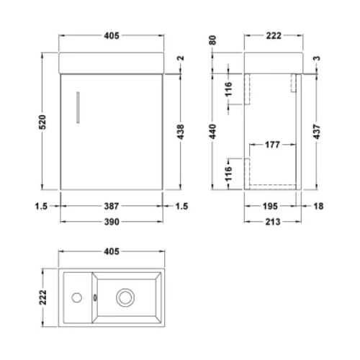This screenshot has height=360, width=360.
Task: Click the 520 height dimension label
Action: point(42,122)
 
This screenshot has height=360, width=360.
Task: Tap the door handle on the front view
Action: point(78,107)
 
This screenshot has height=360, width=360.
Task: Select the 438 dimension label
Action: point(181,132)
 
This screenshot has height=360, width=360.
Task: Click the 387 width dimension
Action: point(112,206)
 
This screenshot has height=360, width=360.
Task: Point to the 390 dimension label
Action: point(112,222)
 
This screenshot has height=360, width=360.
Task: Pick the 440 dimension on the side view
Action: point(212,131)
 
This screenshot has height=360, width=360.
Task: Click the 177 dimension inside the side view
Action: point(272,145)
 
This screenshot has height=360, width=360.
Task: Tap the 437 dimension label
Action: point(317,132)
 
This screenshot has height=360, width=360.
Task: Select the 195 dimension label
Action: point(270,206)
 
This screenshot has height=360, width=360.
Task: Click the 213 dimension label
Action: point(273,222)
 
